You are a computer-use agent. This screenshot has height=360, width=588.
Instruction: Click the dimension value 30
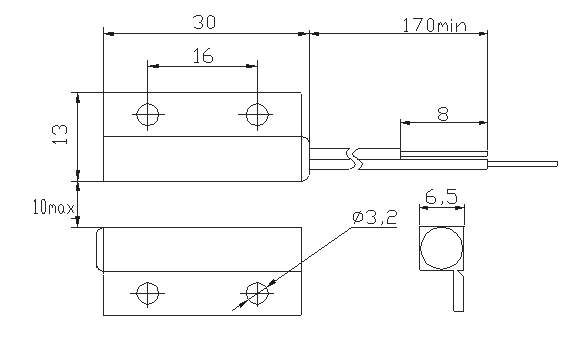(204, 22)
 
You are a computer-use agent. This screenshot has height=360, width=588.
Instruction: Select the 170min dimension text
(435, 25)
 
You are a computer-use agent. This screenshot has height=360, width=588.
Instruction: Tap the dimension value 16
(203, 56)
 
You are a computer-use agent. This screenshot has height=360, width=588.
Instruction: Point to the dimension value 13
(60, 134)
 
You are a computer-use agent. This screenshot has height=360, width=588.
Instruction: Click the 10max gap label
(54, 207)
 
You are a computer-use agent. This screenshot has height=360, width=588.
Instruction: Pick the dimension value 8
(443, 114)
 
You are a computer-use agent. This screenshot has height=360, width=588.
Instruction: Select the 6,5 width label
(441, 196)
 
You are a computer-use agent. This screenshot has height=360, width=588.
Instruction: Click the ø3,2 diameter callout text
(375, 217)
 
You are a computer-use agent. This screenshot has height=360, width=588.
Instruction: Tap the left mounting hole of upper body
(148, 114)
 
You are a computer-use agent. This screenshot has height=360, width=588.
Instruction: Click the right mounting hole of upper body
(257, 114)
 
